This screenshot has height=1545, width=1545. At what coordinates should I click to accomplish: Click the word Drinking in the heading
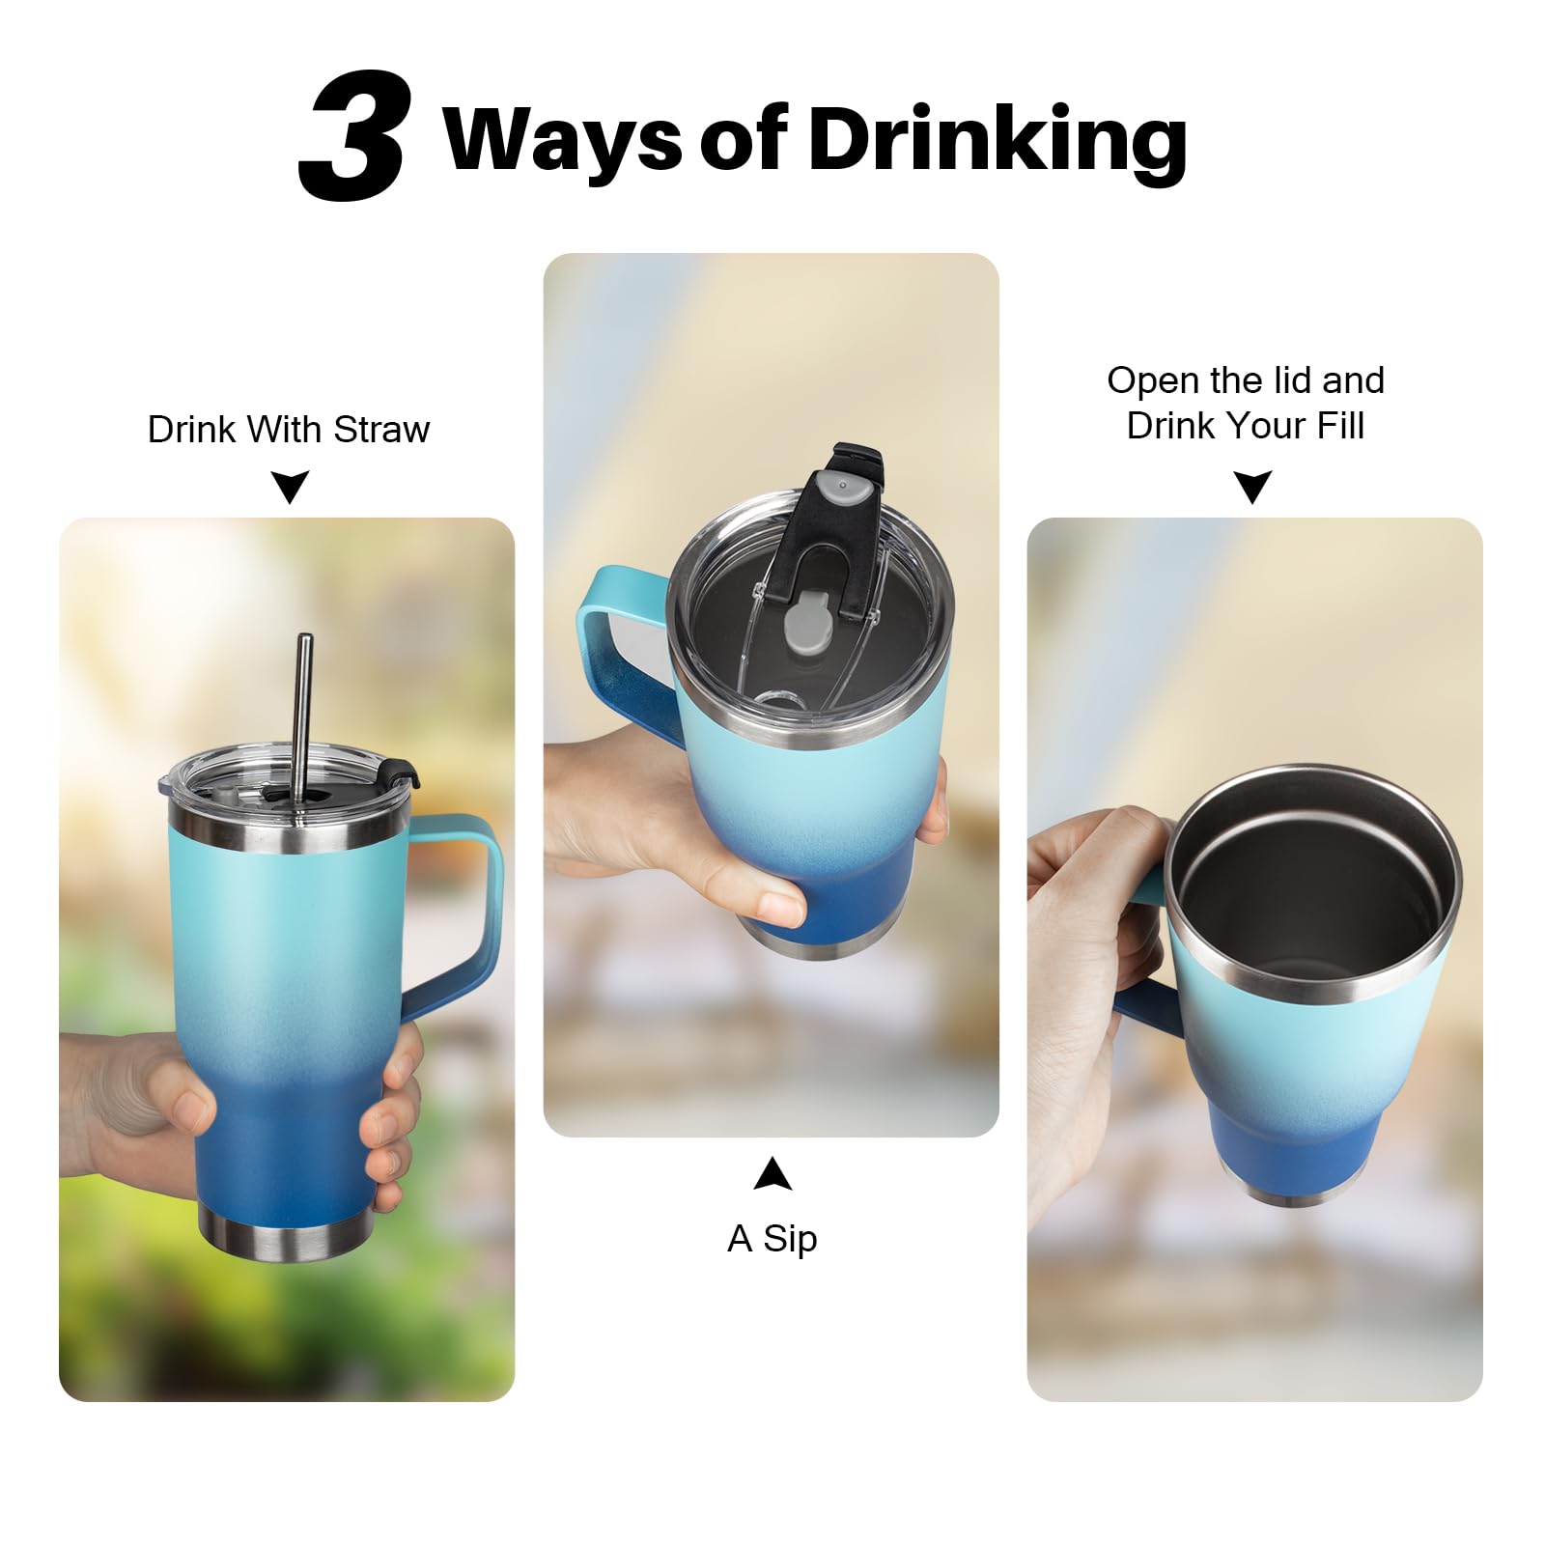pyautogui.click(x=997, y=141)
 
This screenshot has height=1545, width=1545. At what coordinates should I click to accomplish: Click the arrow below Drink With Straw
pyautogui.click(x=290, y=487)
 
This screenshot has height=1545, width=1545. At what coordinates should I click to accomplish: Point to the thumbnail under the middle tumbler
pyautogui.click(x=779, y=906)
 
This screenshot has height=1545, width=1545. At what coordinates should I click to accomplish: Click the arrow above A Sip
pyautogui.click(x=772, y=1174)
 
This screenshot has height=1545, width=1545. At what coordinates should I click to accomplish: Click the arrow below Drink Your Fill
pyautogui.click(x=1253, y=487)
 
